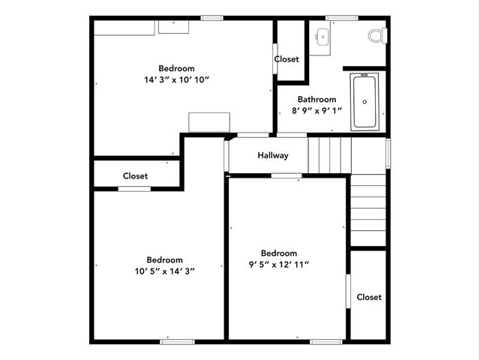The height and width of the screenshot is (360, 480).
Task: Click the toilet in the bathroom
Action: tap(376, 35)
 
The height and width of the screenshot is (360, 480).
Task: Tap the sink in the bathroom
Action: tap(322, 36)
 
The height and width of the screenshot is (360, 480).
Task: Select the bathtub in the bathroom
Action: tap(367, 101)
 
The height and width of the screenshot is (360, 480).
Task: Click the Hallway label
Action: tap(273, 156)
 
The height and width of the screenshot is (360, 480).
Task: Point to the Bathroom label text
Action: tap(316, 99)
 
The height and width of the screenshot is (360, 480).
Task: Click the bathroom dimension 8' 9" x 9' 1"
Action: tap(316, 110)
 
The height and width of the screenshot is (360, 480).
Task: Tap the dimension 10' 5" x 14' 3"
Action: tap(164, 271)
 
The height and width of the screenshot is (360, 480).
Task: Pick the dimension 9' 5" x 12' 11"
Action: tap(278, 264)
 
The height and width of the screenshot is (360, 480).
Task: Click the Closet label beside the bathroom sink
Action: tap(286, 59)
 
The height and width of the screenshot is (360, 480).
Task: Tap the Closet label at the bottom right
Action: tap(369, 297)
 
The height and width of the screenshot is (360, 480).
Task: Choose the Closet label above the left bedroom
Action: tap(135, 176)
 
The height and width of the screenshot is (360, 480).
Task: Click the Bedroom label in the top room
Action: tap(176, 68)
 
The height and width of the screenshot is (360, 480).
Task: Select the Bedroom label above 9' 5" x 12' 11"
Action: tap(278, 253)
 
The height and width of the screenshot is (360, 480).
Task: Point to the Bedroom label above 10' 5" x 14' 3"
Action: tap(164, 260)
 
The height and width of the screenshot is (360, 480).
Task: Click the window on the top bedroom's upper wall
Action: tap(211, 17)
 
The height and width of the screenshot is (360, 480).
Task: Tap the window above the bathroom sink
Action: tap(340, 17)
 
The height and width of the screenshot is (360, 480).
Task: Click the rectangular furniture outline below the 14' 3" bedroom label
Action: tap(208, 123)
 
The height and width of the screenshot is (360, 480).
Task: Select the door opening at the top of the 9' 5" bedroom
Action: tap(286, 175)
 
